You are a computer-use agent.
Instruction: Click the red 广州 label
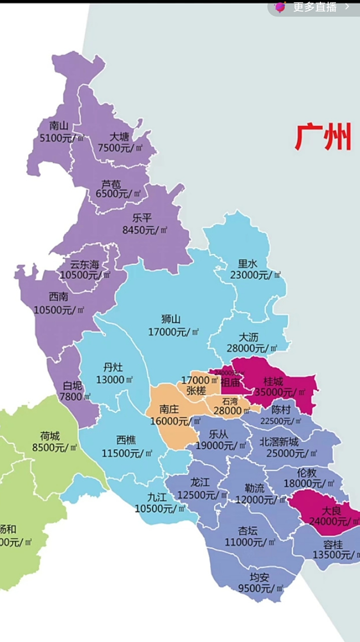point(323,137)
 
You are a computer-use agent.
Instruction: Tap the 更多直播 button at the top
point(315,7)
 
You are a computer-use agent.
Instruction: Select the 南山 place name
point(58,126)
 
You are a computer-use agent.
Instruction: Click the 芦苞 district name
point(111,184)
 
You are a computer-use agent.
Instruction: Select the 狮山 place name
point(170,319)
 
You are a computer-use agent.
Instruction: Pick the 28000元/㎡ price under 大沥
point(252,348)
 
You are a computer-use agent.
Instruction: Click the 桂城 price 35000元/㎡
point(280,392)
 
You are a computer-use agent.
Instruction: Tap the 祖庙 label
point(230,382)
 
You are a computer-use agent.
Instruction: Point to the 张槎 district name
point(196,390)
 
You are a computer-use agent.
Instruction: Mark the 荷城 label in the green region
point(50,435)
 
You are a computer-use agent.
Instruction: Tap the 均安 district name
point(260,577)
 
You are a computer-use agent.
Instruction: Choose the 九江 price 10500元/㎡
point(160,509)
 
